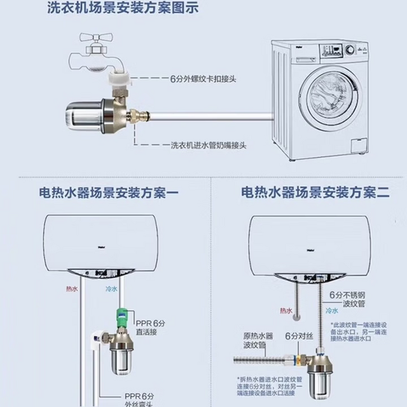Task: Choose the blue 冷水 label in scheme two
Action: tap(331, 311)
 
